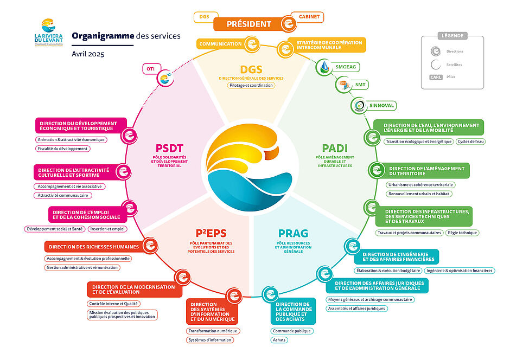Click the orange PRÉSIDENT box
coord(248,24)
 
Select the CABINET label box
coord(309,17)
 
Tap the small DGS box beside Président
coord(204,17)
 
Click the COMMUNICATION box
coord(220,44)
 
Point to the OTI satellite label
coord(150,69)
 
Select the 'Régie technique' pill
coord(462,233)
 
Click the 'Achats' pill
coord(279,340)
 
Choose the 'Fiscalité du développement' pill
coord(62,149)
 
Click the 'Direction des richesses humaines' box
coord(94,247)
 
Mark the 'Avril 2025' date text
coord(88,54)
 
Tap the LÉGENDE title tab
coord(452,36)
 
